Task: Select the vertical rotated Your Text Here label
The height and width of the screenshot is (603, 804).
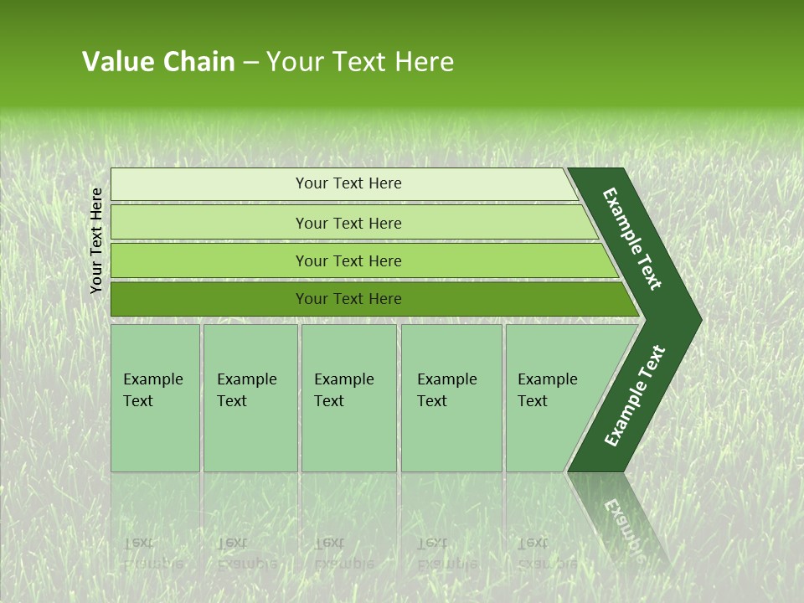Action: (96, 240)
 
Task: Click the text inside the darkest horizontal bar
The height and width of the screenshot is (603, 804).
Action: (348, 299)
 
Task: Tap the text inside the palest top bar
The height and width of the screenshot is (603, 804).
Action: (348, 183)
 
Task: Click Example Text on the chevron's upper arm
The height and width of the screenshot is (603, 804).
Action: (633, 239)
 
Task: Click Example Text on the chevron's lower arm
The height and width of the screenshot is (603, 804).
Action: (635, 396)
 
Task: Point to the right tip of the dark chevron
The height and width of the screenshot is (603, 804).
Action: (698, 319)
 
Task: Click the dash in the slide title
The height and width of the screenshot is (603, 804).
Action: (250, 63)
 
